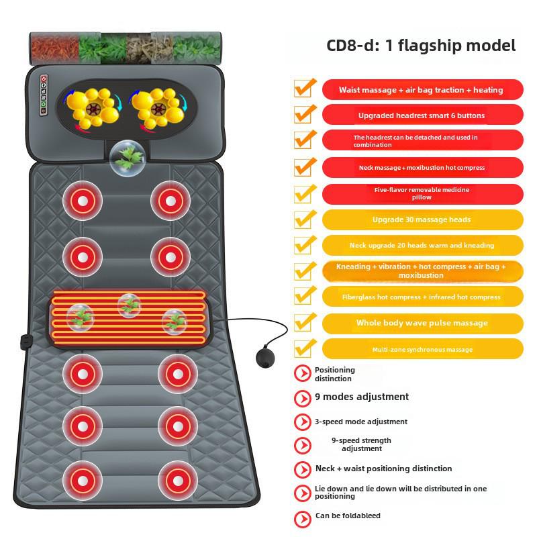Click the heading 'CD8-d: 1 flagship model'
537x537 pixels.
tap(421, 46)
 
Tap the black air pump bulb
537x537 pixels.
tap(265, 358)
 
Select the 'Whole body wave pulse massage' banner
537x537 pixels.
tap(423, 324)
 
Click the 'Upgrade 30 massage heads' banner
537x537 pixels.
tap(423, 219)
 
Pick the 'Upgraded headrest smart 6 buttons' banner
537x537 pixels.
tap(423, 115)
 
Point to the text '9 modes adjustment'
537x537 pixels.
tap(362, 397)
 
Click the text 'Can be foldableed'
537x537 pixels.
tap(348, 516)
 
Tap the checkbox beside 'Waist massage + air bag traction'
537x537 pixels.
tap(304, 89)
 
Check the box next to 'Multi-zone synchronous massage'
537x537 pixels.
tap(304, 348)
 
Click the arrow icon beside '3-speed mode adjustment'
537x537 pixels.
tap(303, 422)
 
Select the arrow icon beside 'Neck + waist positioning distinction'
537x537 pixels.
tap(303, 469)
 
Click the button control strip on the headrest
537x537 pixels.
tap(44, 95)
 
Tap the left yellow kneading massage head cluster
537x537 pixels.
tap(93, 107)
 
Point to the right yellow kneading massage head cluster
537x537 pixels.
tap(158, 107)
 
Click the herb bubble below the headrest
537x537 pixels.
tap(128, 158)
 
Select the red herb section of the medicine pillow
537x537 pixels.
tap(55, 48)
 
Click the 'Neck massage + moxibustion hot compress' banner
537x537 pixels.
tap(423, 167)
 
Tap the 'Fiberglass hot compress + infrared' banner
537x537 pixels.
tap(423, 297)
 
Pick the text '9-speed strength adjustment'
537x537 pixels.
tap(361, 444)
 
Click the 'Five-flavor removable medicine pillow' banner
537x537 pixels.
tap(423, 194)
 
